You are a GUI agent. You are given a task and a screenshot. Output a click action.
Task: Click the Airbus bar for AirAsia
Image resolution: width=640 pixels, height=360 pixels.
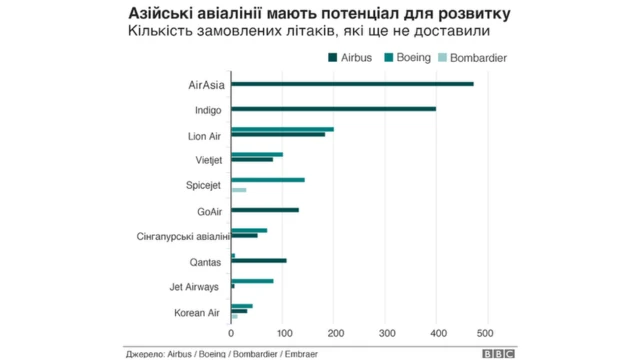352,84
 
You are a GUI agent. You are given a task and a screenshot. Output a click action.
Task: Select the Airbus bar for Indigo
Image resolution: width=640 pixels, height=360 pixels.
333,109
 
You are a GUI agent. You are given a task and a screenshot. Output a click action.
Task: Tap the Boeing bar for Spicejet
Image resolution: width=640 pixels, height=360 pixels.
268,180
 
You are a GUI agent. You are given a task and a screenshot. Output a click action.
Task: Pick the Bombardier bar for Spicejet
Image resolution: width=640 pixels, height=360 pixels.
239,189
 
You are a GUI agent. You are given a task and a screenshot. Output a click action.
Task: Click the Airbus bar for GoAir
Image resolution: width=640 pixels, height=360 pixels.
265,210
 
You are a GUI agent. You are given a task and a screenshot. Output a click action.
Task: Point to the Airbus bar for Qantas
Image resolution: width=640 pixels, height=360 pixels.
259,261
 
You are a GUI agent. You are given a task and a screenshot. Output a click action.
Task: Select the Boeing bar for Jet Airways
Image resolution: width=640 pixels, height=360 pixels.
252,281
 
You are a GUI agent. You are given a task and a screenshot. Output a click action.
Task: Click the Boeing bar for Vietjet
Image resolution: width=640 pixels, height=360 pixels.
257,154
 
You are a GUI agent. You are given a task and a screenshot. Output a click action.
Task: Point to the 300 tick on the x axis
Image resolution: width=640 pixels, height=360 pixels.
386,332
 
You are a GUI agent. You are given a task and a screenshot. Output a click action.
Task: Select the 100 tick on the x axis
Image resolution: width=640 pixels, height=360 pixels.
283,332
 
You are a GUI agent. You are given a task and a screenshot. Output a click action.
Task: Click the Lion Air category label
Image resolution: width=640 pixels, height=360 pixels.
203,134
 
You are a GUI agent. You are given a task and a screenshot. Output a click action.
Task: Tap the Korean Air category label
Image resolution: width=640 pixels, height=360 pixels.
197,312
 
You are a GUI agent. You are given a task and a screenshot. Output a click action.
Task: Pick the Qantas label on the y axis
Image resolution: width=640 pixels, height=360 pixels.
205,261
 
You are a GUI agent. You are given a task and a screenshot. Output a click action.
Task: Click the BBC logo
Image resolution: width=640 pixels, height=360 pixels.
498,353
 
